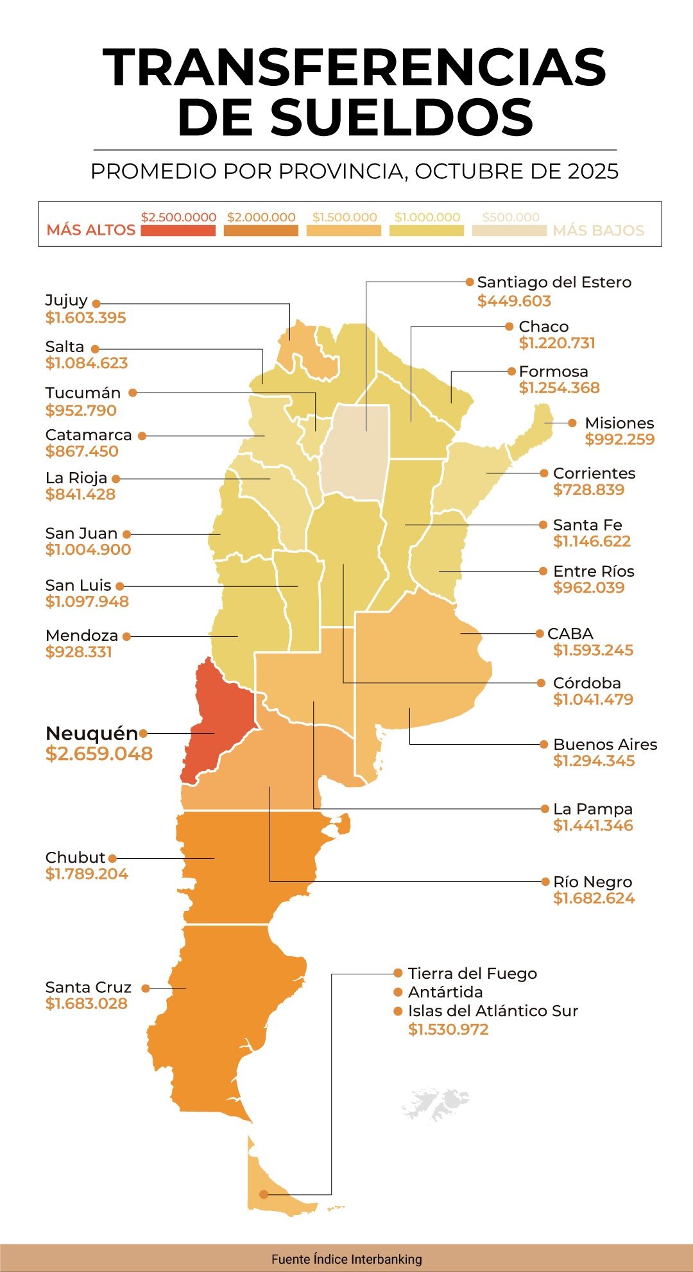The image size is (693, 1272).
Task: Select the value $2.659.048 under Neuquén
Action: coord(99,754)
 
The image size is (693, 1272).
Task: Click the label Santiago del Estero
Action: coord(554,282)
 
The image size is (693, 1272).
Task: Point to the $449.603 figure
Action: coord(514,301)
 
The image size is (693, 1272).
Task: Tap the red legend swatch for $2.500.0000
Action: coord(178,230)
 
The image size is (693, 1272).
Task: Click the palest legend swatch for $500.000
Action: coord(509,230)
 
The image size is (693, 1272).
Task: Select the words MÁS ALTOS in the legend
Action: coord(90,230)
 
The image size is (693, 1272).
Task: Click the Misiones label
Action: coord(619,423)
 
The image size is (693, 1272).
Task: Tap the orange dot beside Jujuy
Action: coord(96,303)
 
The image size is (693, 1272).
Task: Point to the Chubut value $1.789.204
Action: coord(87,874)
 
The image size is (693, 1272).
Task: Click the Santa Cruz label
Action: coord(88,987)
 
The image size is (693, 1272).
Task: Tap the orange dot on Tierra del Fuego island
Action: coord(264,1194)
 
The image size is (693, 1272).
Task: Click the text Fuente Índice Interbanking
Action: coord(346,1259)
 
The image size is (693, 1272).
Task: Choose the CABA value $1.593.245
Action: coord(593,650)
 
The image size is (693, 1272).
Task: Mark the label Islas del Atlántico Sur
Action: coord(493,1011)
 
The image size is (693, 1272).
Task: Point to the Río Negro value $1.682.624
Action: coord(594,898)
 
